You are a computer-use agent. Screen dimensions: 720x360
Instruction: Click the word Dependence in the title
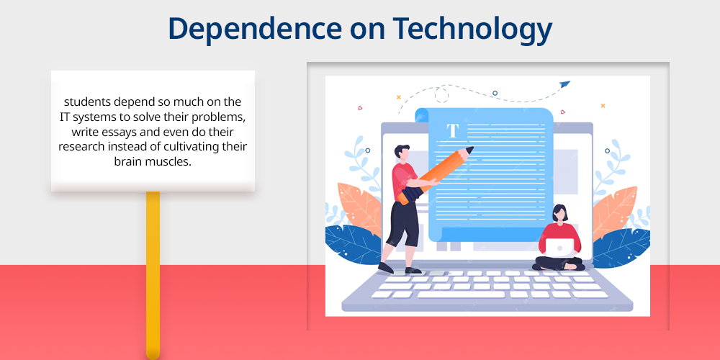click(x=255, y=28)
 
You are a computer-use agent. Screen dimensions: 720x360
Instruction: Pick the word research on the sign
click(x=81, y=147)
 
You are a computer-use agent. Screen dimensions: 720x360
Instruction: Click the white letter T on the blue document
click(x=453, y=130)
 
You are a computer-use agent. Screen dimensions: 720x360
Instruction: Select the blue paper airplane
click(x=564, y=84)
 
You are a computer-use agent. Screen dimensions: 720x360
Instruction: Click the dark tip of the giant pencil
click(x=469, y=150)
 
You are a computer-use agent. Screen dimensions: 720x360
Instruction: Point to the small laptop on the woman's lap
click(x=559, y=248)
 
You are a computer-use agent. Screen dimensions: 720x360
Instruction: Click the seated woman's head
click(x=559, y=213)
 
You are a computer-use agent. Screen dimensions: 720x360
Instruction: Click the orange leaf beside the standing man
click(x=359, y=207)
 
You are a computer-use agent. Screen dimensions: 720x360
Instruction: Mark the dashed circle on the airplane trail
click(x=442, y=95)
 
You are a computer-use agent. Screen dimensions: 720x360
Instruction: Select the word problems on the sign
click(x=222, y=117)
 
